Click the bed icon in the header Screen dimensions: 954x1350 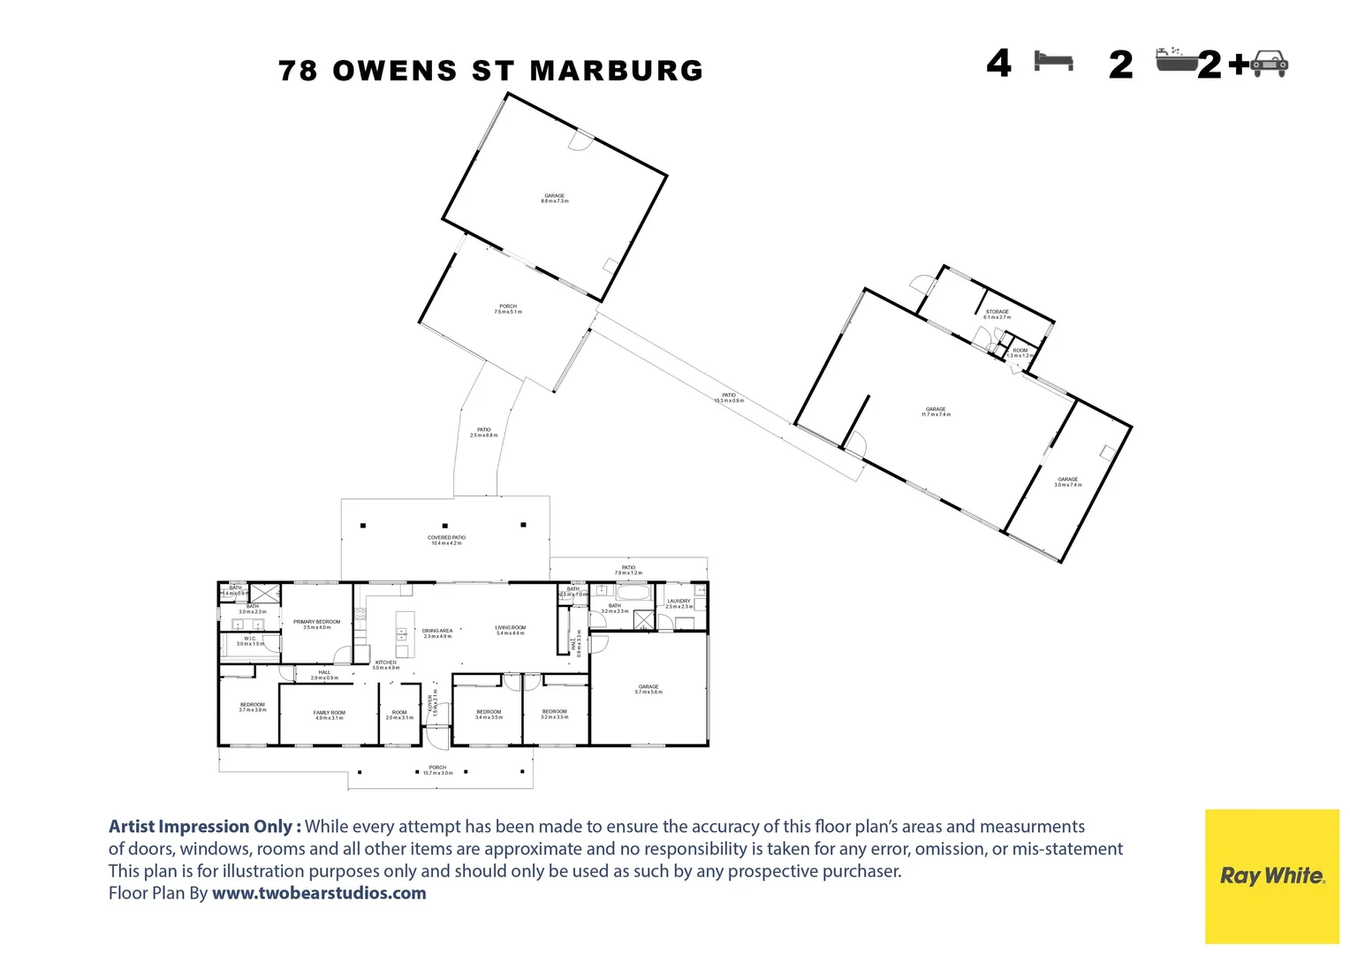coord(1054,61)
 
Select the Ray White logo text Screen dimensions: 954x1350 coord(1271,875)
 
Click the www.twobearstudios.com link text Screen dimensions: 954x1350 coord(319,893)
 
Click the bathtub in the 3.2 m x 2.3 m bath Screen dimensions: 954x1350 coord(633,592)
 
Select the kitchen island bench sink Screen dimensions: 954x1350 coord(402,632)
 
